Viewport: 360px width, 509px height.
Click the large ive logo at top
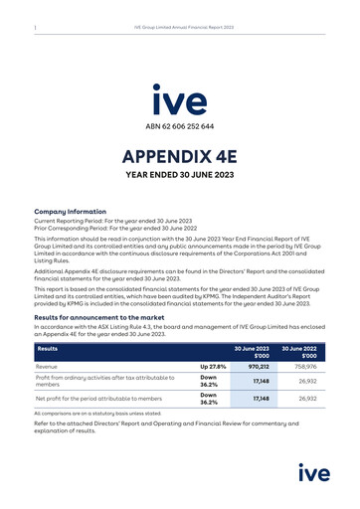tap(180, 99)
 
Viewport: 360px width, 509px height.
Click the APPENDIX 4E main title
tap(180, 156)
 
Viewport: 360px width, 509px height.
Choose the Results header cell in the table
tap(48, 349)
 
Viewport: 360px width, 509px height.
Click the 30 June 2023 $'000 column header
tap(252, 353)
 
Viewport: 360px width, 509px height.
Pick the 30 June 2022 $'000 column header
tap(299, 353)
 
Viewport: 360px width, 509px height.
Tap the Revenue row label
tap(51, 367)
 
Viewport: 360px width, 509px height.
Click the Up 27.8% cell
tap(213, 367)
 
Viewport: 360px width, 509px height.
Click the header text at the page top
tap(184, 27)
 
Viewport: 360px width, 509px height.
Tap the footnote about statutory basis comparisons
tap(97, 413)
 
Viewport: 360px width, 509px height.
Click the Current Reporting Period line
tap(99, 221)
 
